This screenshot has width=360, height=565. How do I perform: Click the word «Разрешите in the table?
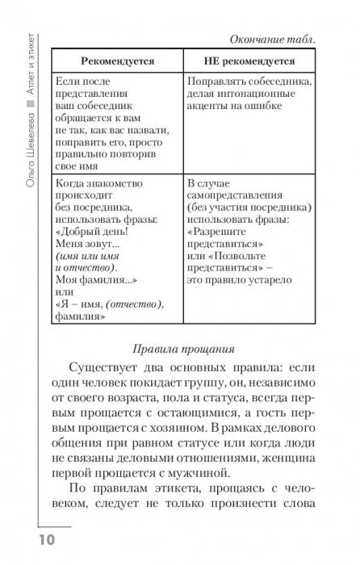click(219, 228)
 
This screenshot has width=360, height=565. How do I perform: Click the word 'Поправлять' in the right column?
click(219, 81)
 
